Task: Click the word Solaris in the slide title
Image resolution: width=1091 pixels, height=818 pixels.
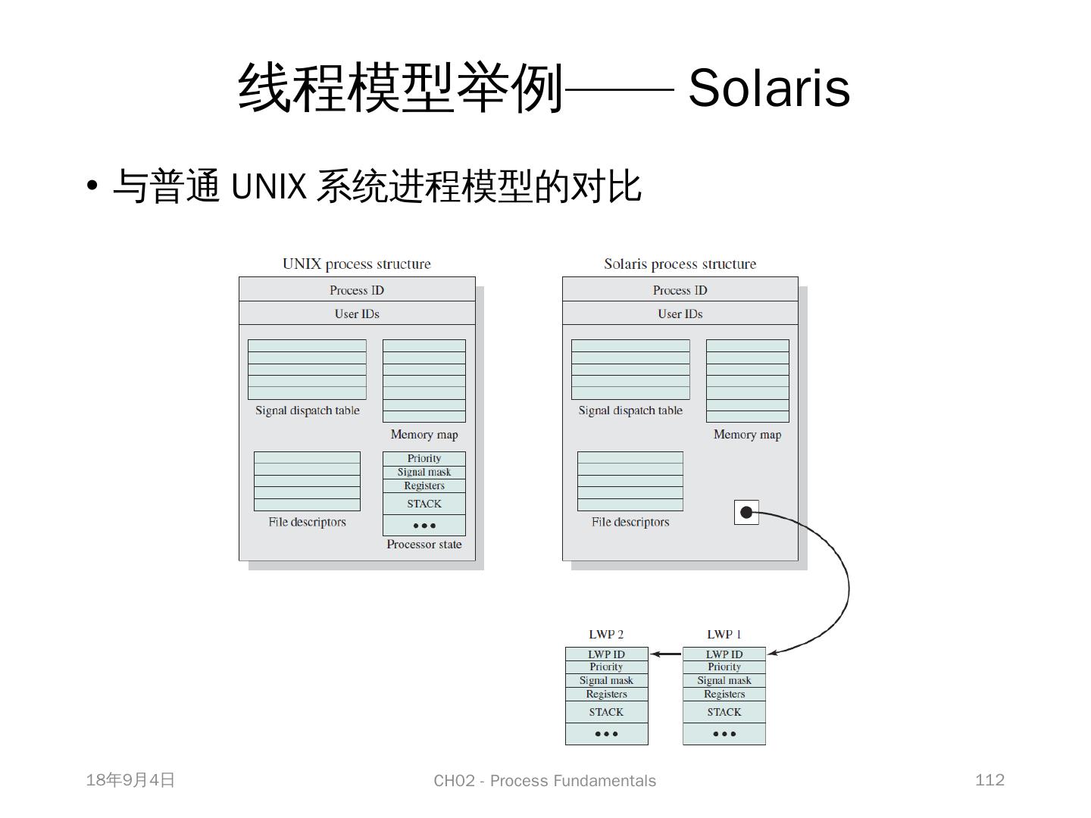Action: click(768, 88)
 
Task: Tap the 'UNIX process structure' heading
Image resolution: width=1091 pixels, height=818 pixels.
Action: click(356, 264)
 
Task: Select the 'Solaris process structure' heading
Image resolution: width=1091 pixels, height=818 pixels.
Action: click(680, 264)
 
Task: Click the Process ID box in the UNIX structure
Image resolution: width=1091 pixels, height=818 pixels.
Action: click(357, 290)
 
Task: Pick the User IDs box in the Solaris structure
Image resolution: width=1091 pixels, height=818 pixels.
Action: click(680, 314)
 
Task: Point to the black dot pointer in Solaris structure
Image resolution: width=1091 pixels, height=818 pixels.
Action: click(746, 513)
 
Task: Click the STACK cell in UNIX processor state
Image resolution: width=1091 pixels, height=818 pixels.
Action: click(424, 504)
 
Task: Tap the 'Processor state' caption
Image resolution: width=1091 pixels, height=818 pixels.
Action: click(424, 545)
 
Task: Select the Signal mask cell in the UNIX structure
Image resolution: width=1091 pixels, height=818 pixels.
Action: click(424, 472)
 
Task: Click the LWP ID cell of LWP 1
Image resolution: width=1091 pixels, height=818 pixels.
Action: click(724, 654)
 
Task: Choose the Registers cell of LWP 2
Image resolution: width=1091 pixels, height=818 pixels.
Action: click(606, 694)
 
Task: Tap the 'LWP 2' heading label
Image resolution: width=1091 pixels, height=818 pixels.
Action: click(606, 634)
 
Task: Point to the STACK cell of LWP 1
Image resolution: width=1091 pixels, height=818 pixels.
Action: click(724, 712)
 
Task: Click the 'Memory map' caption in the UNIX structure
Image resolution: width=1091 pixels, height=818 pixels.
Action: click(424, 435)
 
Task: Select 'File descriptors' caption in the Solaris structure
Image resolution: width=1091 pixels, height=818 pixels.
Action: click(630, 522)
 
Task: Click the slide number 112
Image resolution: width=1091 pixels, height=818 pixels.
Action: click(989, 780)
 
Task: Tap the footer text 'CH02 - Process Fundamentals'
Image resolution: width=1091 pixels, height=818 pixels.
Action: click(545, 781)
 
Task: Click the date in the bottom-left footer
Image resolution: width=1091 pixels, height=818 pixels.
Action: click(130, 780)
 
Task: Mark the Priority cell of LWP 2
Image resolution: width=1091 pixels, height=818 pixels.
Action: click(606, 667)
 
